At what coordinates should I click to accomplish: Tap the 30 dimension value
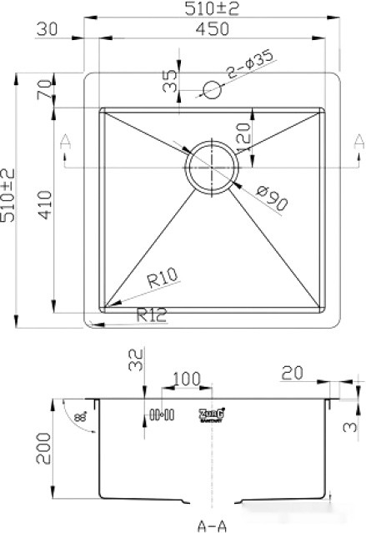49,30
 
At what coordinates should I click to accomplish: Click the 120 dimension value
245,135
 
